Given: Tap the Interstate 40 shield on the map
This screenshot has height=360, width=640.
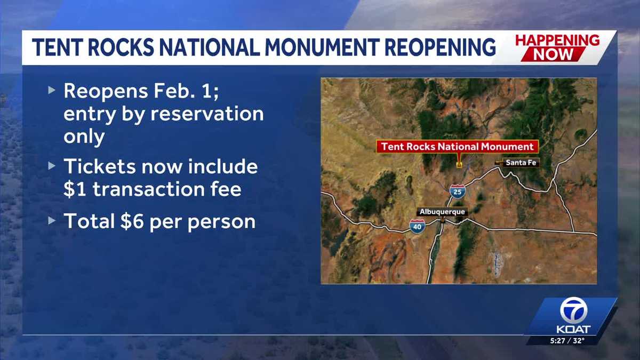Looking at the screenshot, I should [418, 227].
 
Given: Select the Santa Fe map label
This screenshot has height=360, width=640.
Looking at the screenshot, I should [520, 163].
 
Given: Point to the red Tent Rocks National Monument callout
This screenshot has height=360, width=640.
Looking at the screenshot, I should [457, 147].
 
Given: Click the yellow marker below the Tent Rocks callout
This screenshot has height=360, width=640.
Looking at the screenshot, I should [459, 165].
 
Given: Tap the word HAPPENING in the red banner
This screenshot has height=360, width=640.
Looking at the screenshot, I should [557, 41].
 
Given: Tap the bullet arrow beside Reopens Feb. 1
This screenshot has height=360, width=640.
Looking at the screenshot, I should [51, 90].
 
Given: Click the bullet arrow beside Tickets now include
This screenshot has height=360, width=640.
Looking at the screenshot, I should [51, 166].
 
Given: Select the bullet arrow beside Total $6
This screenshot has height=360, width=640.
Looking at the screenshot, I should [51, 220].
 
